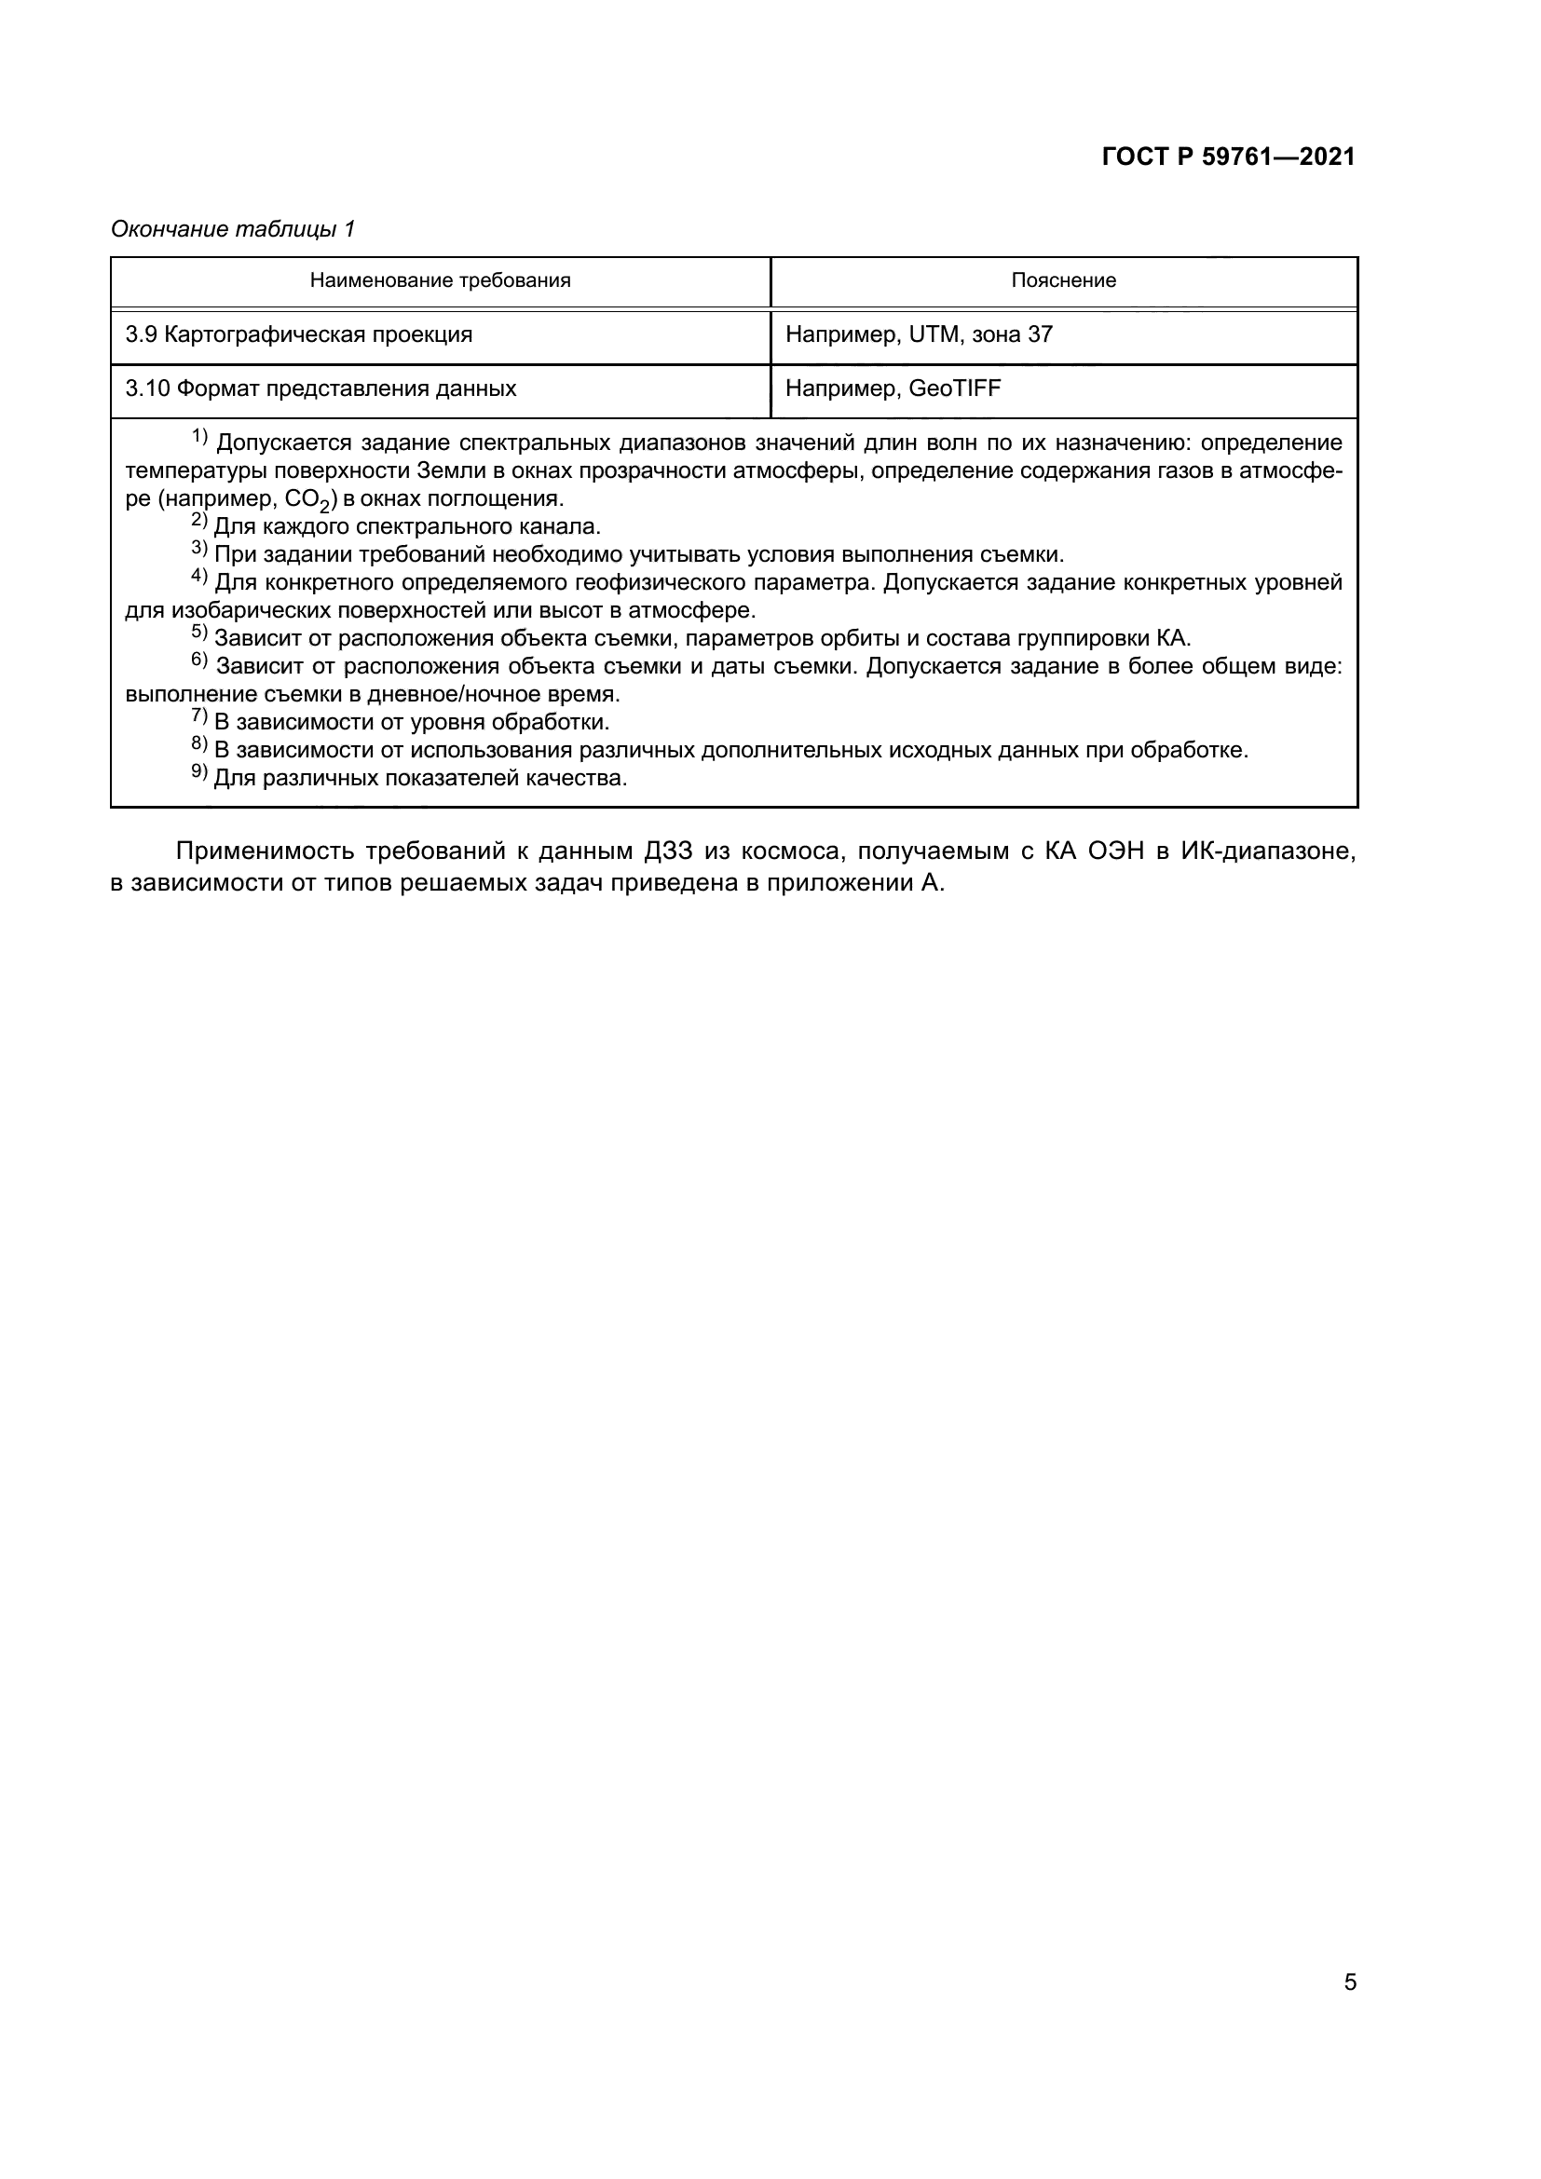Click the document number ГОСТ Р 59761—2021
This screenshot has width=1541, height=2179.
(x=1228, y=157)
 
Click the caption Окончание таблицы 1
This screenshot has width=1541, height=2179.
(x=233, y=229)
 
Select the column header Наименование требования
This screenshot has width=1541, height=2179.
(x=441, y=281)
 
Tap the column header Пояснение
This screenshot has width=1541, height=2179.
(x=1063, y=281)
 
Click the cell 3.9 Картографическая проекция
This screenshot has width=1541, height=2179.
(x=299, y=335)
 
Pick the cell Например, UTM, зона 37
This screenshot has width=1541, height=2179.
(x=919, y=335)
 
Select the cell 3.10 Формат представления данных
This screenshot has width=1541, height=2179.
(x=320, y=389)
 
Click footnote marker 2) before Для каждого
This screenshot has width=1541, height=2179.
(x=199, y=521)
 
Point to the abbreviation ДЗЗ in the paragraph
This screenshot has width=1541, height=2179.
(x=669, y=851)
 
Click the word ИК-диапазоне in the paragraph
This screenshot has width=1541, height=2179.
(x=1268, y=851)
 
